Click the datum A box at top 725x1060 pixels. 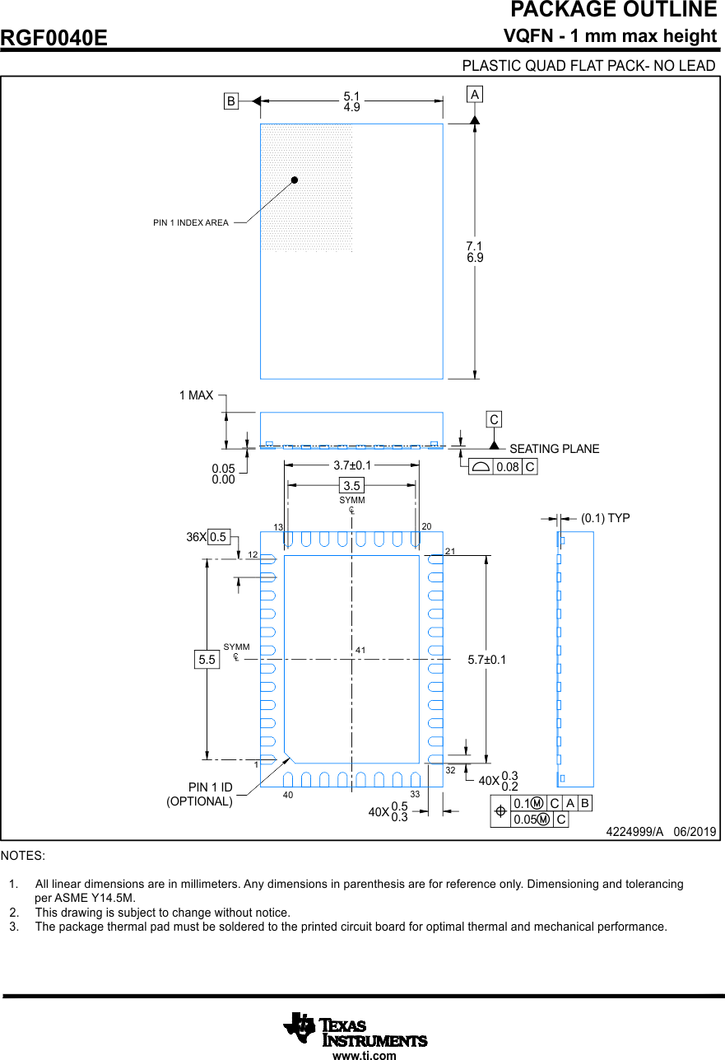[475, 95]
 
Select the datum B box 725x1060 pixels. [231, 101]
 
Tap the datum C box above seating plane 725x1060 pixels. [494, 420]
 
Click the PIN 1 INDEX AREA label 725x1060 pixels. [191, 222]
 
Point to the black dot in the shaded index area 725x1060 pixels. [294, 180]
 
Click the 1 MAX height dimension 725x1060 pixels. [196, 395]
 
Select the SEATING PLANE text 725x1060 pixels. [554, 449]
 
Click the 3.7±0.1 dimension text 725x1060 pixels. [352, 465]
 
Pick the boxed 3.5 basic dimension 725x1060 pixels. [352, 486]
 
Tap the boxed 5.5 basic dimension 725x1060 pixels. [207, 660]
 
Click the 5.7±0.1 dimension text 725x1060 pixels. [487, 660]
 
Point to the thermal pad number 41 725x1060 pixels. [360, 651]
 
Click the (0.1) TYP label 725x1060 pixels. [605, 518]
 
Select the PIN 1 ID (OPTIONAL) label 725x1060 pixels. [201, 794]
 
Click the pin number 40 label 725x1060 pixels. [288, 795]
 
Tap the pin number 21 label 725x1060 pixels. [450, 549]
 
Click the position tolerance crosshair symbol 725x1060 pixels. [500, 811]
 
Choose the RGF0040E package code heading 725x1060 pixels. [54, 38]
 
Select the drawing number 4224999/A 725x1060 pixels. [634, 832]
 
